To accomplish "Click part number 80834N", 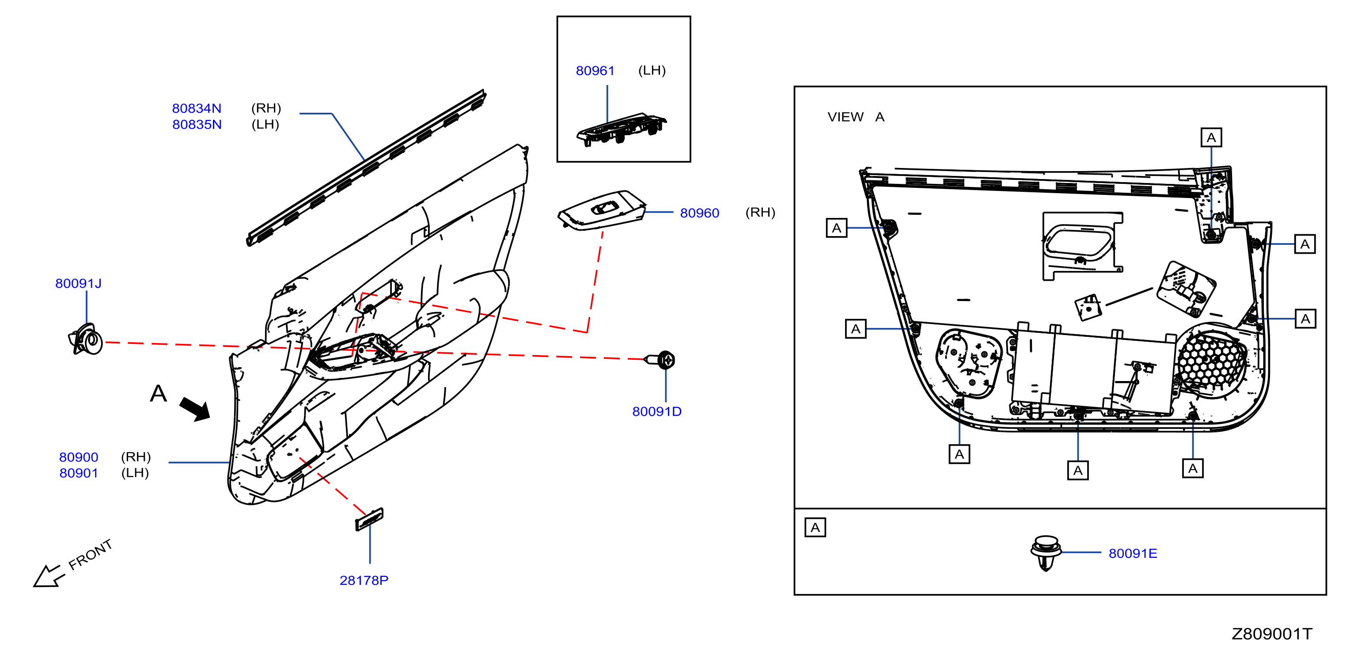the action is tap(197, 108).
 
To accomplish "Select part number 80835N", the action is tap(197, 125).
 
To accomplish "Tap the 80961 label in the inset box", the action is tap(595, 71).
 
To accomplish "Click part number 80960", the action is tap(699, 213).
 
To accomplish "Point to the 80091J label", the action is tap(79, 283).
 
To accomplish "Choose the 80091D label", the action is tap(656, 412).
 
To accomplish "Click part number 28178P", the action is tap(364, 580).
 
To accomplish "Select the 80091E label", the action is tap(1133, 553).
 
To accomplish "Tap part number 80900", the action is tap(79, 457).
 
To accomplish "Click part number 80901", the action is tap(79, 473).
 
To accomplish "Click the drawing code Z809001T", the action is tap(1272, 634).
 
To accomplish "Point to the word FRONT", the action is tap(90, 554).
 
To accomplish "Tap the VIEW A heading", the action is tap(856, 117).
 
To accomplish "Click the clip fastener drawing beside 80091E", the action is tap(1046, 553).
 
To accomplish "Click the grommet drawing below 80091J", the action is tap(85, 339).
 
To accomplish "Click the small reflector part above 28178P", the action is tap(369, 519).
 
